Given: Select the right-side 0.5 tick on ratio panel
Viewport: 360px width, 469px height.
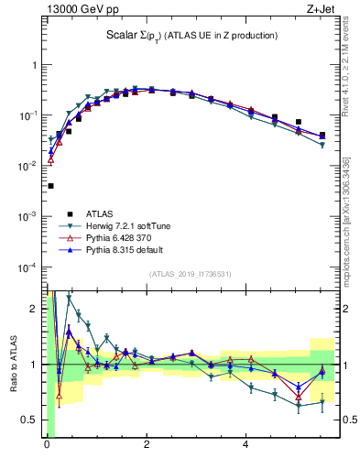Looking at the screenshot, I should point(349,420).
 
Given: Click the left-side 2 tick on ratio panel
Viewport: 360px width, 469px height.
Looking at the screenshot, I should point(36,308).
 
